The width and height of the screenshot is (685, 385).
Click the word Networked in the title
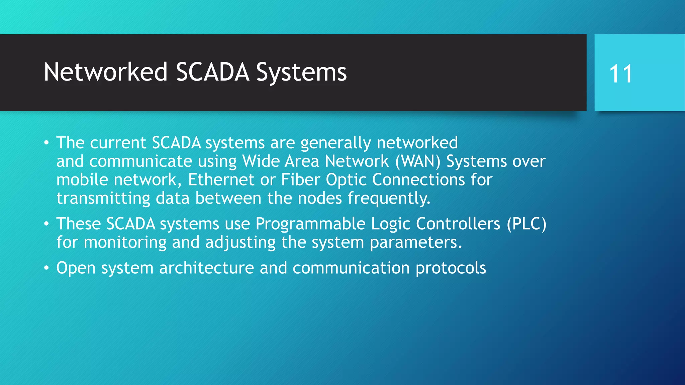(105, 72)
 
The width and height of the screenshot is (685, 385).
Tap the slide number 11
(621, 74)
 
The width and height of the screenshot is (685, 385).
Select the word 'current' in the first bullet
(118, 143)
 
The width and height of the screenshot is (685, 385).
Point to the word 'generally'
(335, 143)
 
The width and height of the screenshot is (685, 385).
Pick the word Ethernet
(221, 180)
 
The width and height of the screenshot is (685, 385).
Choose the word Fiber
(300, 180)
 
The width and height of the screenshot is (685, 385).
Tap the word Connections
(418, 180)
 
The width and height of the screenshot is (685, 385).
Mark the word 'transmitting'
(103, 198)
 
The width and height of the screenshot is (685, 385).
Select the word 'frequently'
(388, 199)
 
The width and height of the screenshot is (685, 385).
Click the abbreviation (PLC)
(526, 224)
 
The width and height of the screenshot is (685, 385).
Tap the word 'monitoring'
(125, 242)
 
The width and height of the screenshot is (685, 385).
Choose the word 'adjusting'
(240, 243)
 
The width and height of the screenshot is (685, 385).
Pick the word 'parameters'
(415, 243)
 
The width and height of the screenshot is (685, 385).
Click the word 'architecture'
(206, 268)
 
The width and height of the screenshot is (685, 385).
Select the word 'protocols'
(451, 268)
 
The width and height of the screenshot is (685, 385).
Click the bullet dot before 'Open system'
(46, 268)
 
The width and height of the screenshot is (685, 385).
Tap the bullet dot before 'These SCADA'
(46, 224)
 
